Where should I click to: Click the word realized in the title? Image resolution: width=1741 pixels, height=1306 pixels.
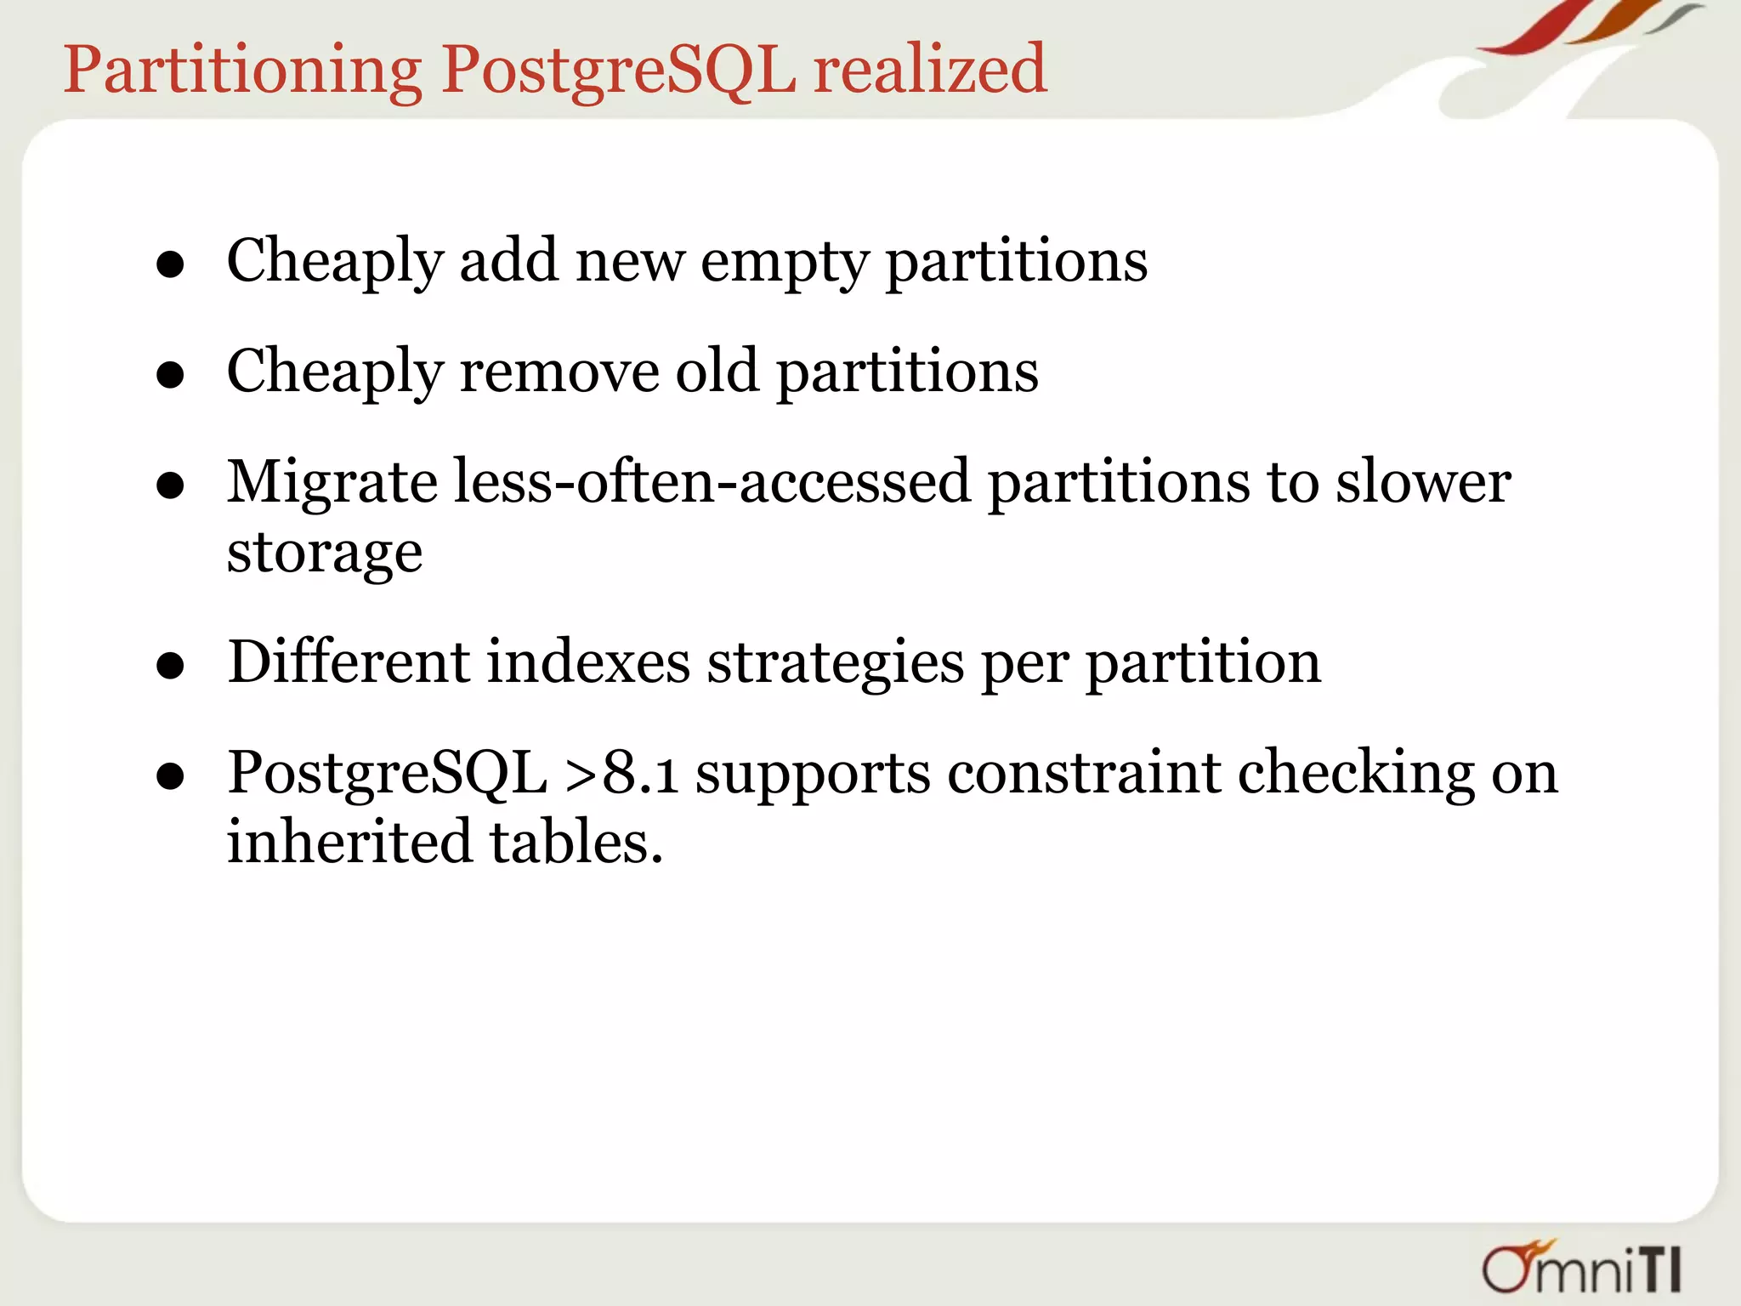(930, 70)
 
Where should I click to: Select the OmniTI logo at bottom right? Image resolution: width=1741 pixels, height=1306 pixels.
(1582, 1267)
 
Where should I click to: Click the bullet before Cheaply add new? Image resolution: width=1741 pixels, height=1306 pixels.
(171, 264)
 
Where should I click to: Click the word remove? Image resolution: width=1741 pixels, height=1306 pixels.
(559, 372)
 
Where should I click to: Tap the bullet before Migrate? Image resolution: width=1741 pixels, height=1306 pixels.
(171, 485)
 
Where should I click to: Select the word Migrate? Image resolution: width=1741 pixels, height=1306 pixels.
(332, 483)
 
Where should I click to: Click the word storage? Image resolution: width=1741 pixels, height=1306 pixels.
(324, 554)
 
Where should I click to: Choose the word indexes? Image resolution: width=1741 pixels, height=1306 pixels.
(587, 662)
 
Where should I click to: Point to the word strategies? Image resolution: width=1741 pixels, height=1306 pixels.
(835, 664)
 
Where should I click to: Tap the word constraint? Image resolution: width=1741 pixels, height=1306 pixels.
(1083, 773)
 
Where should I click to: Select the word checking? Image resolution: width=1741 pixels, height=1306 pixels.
(1356, 775)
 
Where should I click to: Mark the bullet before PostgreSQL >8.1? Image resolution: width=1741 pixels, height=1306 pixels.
(171, 775)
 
